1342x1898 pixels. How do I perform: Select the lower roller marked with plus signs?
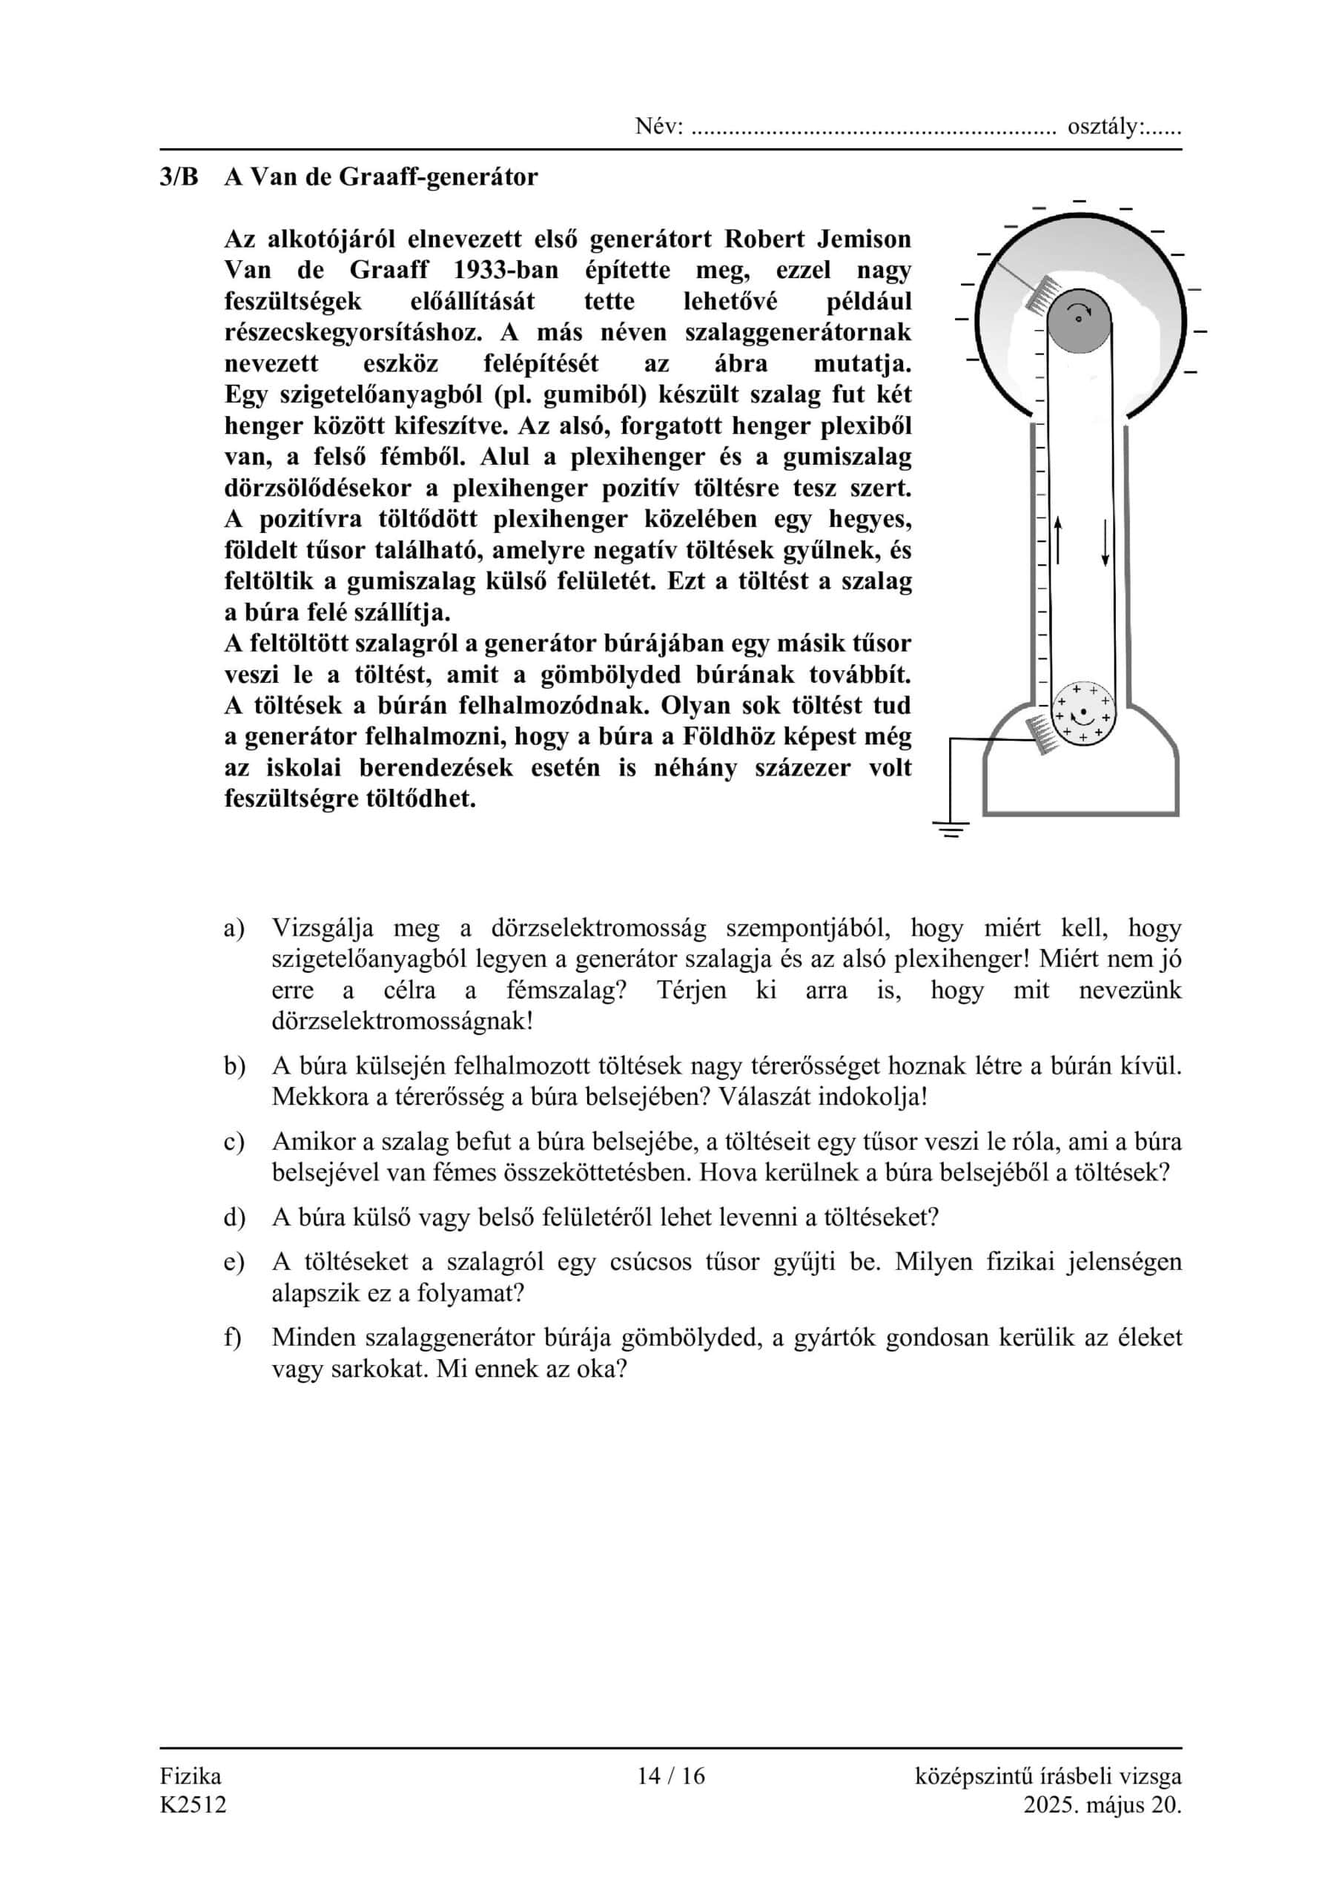point(1083,711)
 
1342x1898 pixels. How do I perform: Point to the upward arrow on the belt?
point(1057,541)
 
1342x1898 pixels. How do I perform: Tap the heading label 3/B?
point(179,177)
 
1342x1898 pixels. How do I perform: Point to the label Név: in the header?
point(659,128)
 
